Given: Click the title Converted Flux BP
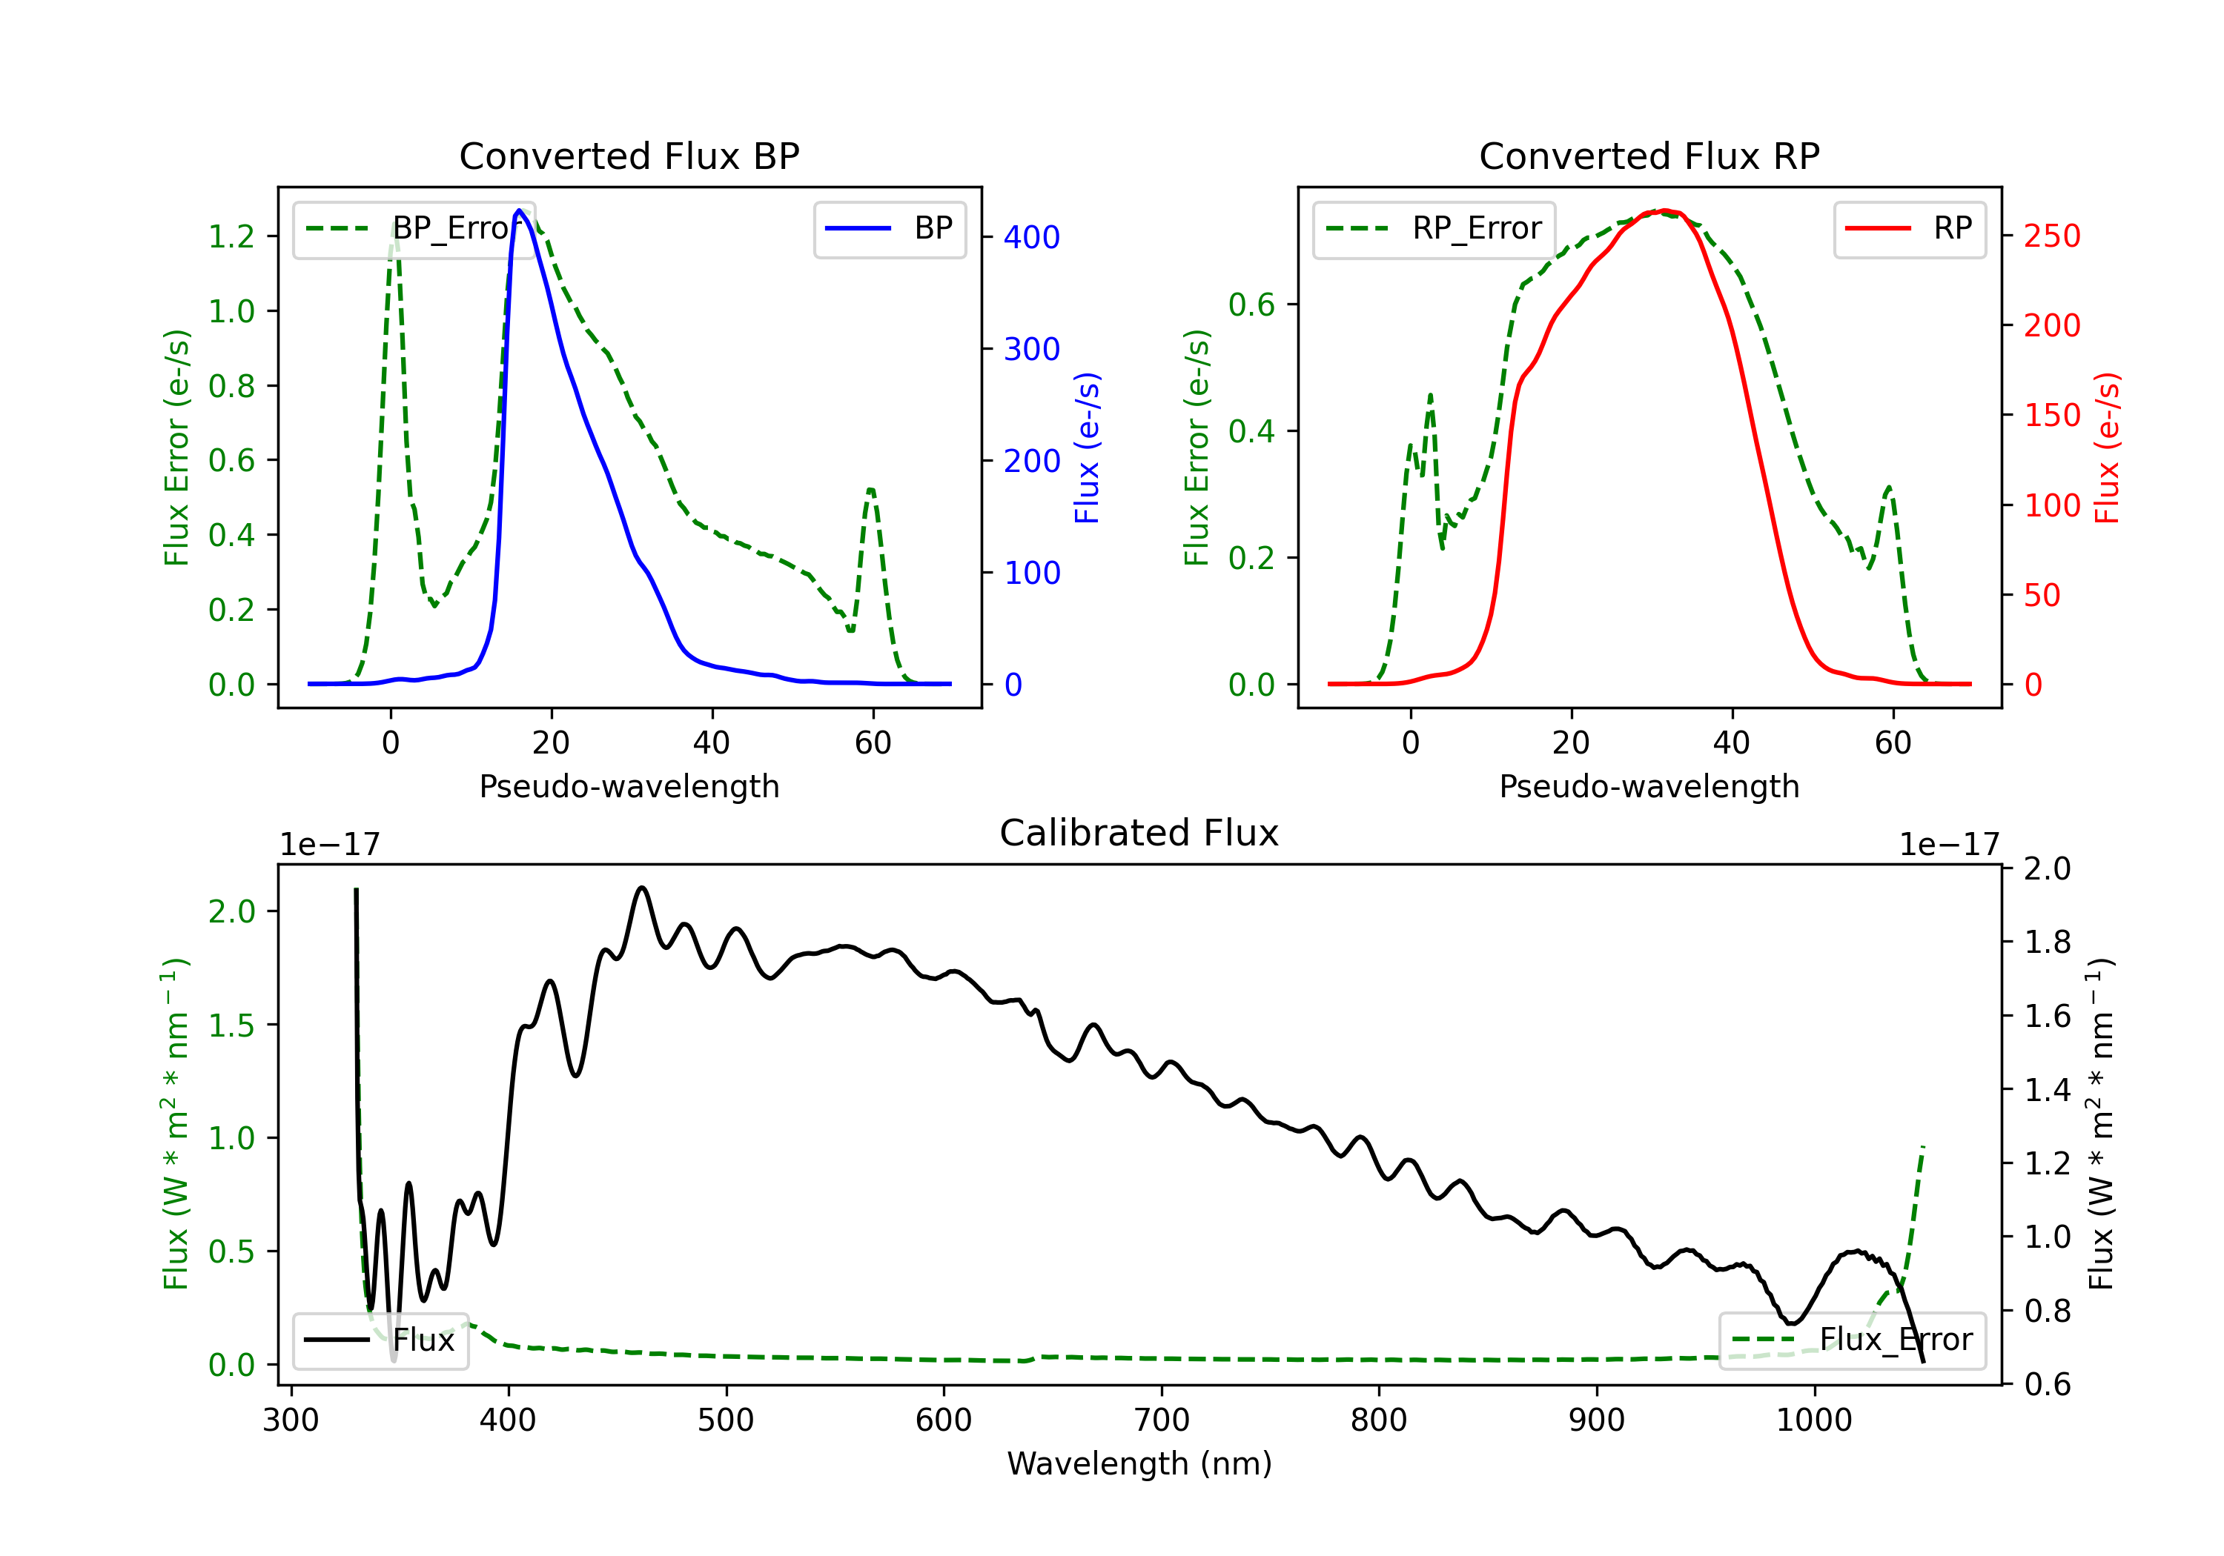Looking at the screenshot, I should [x=629, y=156].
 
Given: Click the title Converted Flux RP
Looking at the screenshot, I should [x=1649, y=156].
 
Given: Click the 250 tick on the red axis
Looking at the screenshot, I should [x=2051, y=236].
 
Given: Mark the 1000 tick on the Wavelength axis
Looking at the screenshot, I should [x=1813, y=1420].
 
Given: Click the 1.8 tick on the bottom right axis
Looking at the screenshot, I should [x=2048, y=942].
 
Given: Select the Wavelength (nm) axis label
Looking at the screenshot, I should [x=1139, y=1463].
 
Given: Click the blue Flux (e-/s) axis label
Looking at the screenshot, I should [x=1088, y=448].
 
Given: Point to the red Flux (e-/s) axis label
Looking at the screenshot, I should [x=2108, y=448].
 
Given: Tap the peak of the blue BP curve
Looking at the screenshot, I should [x=519, y=210].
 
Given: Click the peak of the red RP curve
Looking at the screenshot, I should [x=1663, y=210].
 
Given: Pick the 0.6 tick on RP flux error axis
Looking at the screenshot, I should [x=1251, y=305].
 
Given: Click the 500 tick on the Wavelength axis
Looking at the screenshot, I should [x=726, y=1420].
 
